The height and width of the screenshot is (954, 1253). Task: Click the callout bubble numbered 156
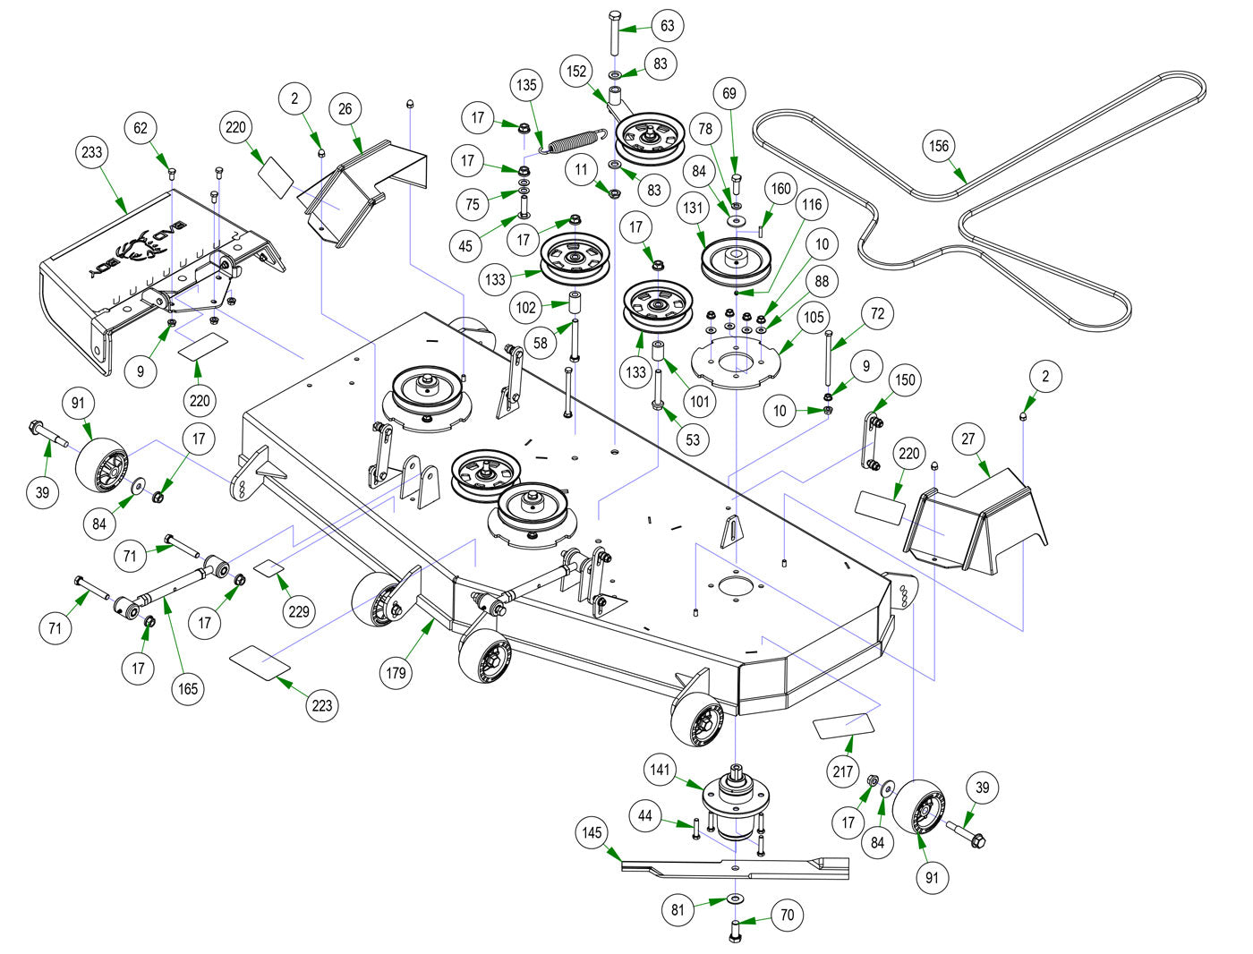click(x=938, y=146)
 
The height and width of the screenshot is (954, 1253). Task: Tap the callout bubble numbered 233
click(x=92, y=152)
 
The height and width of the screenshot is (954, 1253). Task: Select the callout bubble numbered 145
click(x=592, y=833)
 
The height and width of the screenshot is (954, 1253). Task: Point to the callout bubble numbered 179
click(x=396, y=672)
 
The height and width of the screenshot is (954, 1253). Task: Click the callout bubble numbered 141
click(x=661, y=770)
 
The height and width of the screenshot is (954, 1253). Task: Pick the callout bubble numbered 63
click(x=668, y=25)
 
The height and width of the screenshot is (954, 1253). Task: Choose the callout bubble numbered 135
click(x=527, y=85)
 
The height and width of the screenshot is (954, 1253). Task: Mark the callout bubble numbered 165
click(x=187, y=688)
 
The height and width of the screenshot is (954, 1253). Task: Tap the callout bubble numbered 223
click(x=321, y=705)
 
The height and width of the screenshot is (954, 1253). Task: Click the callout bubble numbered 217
click(x=843, y=770)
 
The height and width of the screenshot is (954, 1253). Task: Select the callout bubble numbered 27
click(x=967, y=439)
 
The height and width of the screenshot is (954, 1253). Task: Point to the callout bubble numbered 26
click(x=345, y=109)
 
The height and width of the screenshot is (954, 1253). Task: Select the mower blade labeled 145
click(x=734, y=866)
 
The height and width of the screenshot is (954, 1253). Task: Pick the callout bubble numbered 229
click(x=298, y=610)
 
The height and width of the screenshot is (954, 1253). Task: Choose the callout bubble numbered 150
click(x=905, y=379)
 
